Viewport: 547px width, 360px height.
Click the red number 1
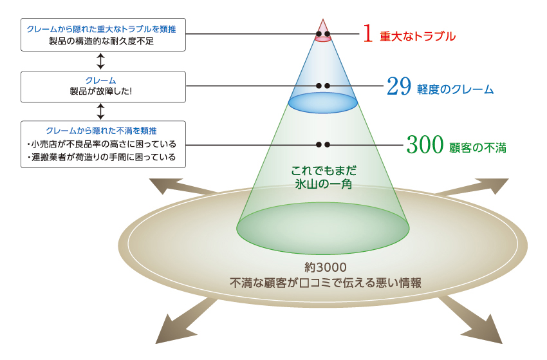pos(367,35)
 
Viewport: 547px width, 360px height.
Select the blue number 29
pos(398,87)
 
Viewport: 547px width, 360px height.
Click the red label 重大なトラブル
pos(417,37)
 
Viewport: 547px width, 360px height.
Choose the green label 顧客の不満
pos(477,148)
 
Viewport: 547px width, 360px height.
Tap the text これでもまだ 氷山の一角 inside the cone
pos(324,177)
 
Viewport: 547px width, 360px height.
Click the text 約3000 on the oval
pos(326,267)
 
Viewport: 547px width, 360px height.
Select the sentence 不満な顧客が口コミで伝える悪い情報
pos(326,282)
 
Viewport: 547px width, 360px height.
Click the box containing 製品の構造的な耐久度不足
pos(104,35)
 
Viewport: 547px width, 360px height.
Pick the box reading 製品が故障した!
pos(104,86)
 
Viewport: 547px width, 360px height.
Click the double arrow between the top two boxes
pos(100,61)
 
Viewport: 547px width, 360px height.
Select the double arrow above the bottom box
pos(100,111)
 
